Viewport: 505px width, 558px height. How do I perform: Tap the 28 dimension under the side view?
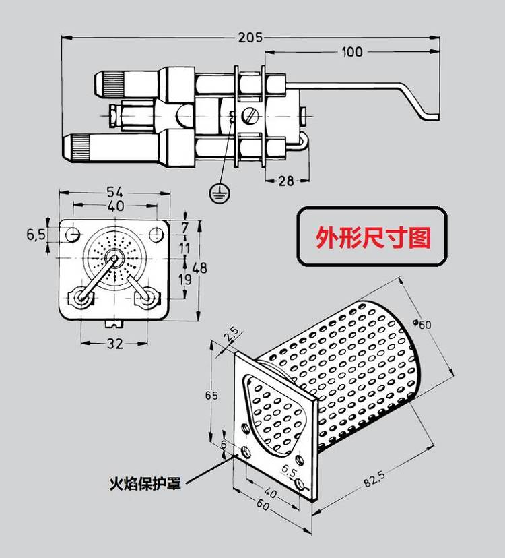[286, 181]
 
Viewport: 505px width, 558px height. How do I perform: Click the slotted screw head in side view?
[249, 115]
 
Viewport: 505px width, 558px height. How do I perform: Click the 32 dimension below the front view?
[115, 344]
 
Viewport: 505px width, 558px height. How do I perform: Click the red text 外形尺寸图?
[373, 237]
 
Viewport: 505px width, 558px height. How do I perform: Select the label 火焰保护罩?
[145, 483]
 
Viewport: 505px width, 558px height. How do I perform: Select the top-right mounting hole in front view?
[156, 235]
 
